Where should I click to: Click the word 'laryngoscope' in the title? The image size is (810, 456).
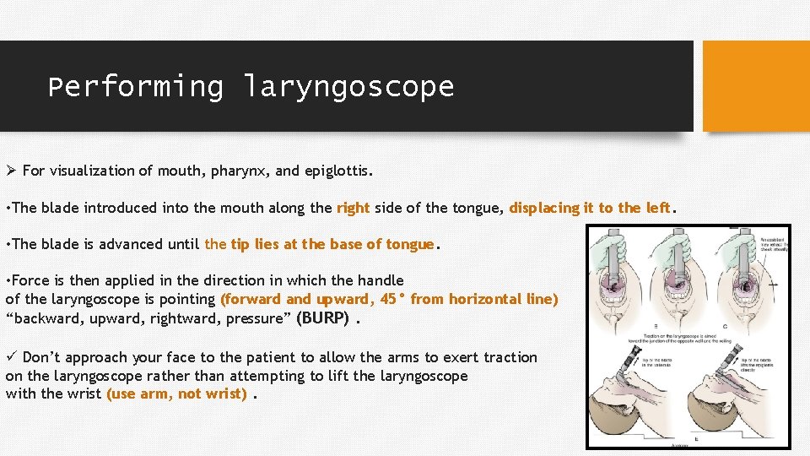[x=348, y=86]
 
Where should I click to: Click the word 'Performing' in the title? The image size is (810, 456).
[x=135, y=86]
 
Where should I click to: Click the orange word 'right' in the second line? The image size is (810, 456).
[x=353, y=208]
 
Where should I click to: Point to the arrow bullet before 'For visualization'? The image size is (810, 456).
[x=11, y=171]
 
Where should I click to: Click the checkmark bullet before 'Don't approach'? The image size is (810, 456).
[x=11, y=357]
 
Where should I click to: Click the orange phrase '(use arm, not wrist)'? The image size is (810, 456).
[x=176, y=394]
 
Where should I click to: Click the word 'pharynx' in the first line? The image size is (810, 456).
[x=240, y=171]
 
